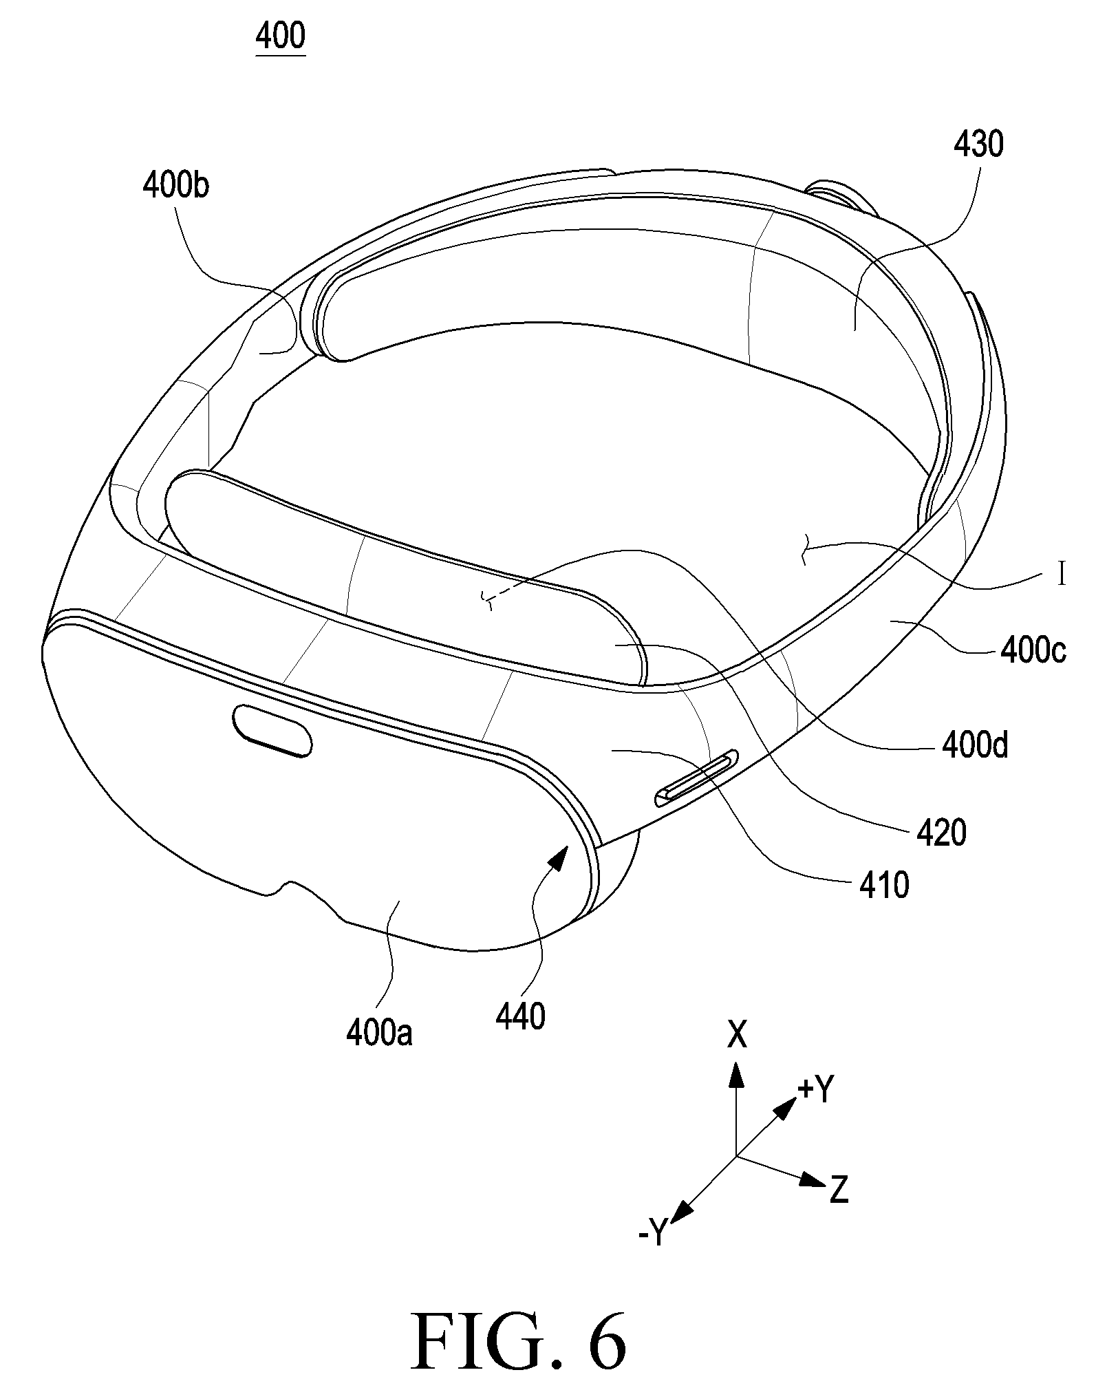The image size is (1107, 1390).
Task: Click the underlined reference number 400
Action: [280, 36]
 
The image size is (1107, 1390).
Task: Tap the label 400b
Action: [175, 186]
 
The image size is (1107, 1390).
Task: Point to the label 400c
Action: [1033, 650]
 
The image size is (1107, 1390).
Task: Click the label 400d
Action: [975, 745]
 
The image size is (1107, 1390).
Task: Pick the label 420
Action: [942, 833]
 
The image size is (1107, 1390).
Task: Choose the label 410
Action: [884, 886]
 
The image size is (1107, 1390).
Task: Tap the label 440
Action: [520, 1016]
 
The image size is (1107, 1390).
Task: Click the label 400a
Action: [379, 1034]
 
